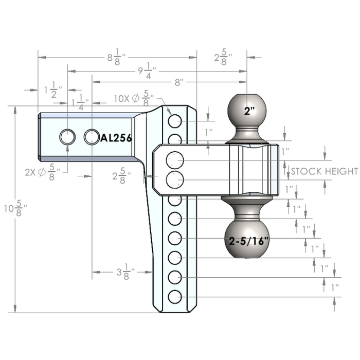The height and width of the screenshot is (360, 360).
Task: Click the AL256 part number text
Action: tap(116, 138)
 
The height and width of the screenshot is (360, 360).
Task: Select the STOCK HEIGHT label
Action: tap(324, 171)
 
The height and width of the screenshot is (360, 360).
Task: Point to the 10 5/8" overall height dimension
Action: tap(15, 208)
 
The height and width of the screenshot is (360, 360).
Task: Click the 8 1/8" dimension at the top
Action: tap(117, 57)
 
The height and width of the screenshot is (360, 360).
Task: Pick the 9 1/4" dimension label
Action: tap(148, 71)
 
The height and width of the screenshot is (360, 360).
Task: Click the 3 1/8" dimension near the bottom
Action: tap(125, 272)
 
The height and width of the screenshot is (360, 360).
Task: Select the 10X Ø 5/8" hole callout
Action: tap(134, 98)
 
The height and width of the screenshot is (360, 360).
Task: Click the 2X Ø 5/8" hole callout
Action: tap(43, 172)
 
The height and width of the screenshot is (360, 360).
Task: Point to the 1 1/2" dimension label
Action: tap(53, 90)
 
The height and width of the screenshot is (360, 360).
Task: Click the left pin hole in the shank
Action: tap(67, 137)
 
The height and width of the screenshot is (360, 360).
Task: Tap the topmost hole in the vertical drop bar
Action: tap(175, 121)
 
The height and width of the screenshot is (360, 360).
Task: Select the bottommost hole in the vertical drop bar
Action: tap(175, 297)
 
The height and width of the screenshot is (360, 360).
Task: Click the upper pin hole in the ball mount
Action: tap(175, 160)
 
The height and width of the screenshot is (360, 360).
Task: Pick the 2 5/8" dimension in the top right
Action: tap(223, 57)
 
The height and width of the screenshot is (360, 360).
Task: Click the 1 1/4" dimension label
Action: tap(80, 103)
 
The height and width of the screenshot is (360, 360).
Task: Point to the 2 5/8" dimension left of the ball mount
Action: tap(122, 176)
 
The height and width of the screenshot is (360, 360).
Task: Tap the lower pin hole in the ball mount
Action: tap(175, 180)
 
